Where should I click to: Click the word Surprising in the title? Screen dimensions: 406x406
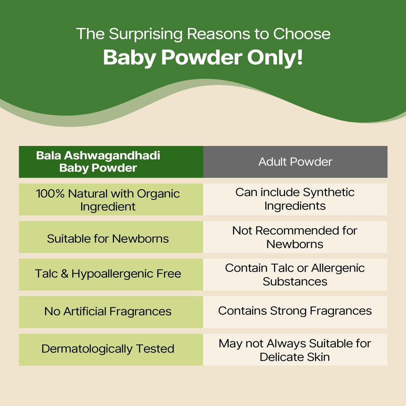(x=146, y=34)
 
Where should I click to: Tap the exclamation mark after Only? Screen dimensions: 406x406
(x=300, y=57)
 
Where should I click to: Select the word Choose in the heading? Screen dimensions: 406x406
(x=302, y=34)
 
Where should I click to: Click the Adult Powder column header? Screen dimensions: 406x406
(x=295, y=162)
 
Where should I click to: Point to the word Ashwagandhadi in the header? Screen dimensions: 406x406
(x=112, y=155)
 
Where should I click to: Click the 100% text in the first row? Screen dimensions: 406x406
(x=50, y=193)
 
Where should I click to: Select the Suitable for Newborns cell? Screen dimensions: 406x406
(x=111, y=237)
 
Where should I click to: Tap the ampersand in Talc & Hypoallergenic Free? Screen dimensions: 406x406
(x=64, y=274)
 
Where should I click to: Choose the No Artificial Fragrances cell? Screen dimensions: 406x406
(x=111, y=312)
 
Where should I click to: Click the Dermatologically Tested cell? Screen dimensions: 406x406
(x=111, y=350)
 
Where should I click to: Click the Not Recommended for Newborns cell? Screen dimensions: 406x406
(x=295, y=237)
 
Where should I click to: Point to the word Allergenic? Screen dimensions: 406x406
(x=338, y=268)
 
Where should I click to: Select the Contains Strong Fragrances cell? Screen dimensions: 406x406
(x=295, y=312)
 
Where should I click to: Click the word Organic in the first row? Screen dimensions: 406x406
(x=158, y=194)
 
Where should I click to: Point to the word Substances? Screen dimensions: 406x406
(x=295, y=281)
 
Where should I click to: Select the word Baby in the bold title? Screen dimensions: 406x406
(x=130, y=58)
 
